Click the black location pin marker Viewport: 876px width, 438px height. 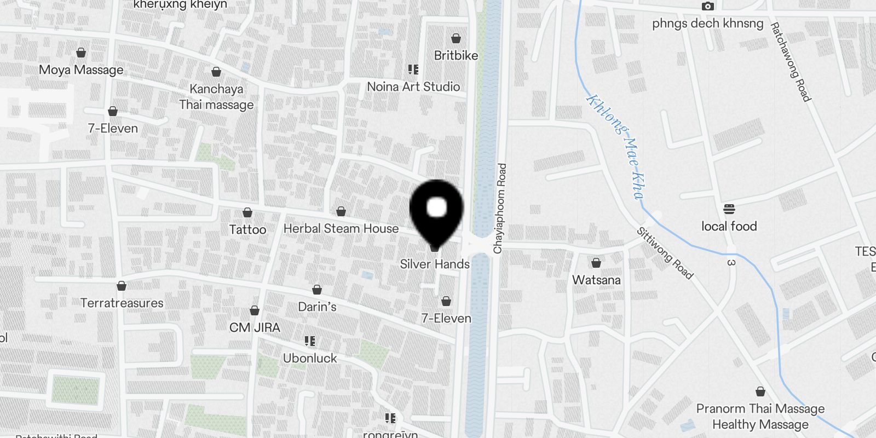coord(436,211)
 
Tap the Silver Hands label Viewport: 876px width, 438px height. coord(435,264)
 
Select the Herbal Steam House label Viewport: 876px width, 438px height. coord(341,228)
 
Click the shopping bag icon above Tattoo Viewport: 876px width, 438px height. coord(247,212)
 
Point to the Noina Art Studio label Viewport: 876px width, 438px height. coord(413,87)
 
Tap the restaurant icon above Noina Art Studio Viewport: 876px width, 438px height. coord(413,70)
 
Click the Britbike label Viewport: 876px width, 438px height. coord(456,55)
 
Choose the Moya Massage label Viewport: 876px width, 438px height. coord(81,70)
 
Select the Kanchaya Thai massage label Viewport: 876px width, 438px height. coord(216,96)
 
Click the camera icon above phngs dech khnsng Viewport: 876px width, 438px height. coord(708,7)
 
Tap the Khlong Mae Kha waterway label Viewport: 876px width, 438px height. coord(616,147)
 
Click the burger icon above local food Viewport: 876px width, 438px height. coord(729,209)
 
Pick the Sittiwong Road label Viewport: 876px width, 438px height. coord(664,253)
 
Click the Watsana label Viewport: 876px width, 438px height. coord(596,280)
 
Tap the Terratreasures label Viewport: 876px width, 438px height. coord(122,303)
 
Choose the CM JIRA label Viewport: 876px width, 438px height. coord(255,327)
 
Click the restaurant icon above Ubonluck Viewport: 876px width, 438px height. coord(310,342)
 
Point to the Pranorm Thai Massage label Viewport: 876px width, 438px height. coord(760,408)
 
